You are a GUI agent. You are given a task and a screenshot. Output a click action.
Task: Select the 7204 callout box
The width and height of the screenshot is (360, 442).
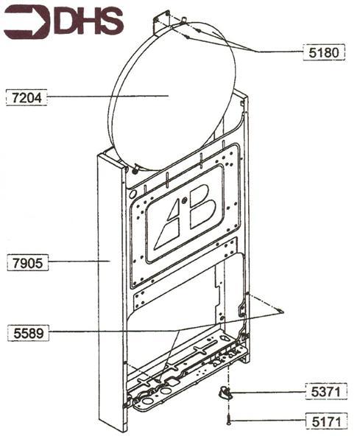26,97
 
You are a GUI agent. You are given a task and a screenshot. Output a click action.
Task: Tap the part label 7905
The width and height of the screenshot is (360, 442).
25,261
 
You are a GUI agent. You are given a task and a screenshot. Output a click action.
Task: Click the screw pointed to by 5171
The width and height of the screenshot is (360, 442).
229,419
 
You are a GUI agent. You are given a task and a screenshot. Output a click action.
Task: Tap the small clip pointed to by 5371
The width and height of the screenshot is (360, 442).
225,393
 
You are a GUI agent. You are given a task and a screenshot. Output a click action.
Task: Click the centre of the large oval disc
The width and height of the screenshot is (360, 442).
173,96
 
